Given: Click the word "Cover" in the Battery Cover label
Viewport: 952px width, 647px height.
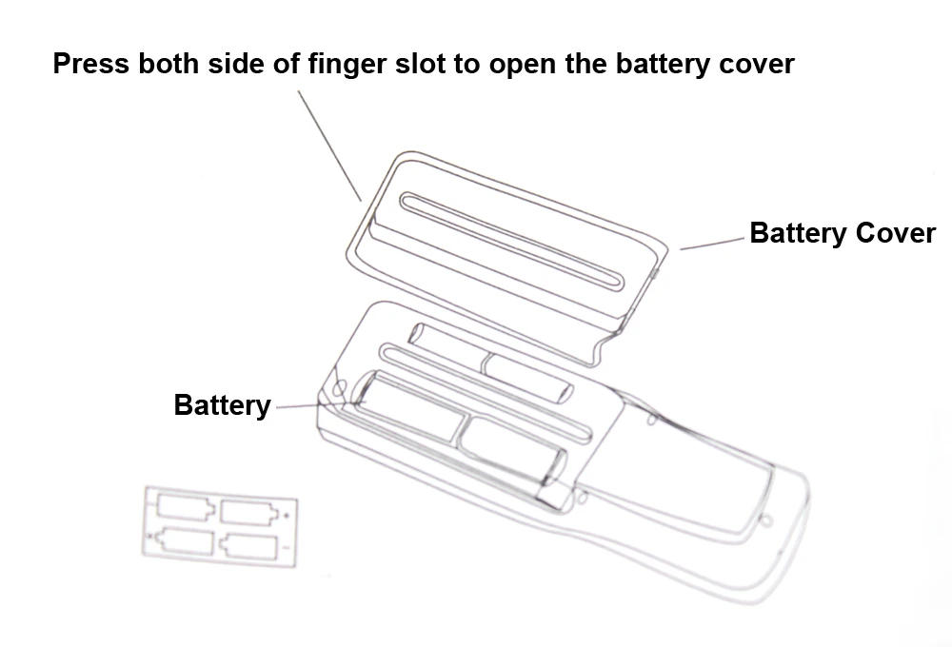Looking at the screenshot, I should tap(895, 233).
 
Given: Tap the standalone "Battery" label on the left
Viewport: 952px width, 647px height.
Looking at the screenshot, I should tap(222, 405).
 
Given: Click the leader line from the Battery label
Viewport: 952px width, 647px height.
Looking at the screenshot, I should tap(305, 406).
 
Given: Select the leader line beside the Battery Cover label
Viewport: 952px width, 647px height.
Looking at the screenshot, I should tap(712, 244).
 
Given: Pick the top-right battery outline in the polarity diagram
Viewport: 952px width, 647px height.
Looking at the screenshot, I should tap(250, 512).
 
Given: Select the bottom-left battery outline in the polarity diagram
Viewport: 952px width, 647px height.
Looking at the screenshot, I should tap(183, 541).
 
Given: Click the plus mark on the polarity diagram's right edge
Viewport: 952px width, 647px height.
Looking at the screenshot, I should tap(287, 515).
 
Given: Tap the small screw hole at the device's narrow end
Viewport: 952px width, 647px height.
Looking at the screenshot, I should tap(767, 520).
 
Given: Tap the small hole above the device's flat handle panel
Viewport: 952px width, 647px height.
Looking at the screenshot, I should tap(652, 420).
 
